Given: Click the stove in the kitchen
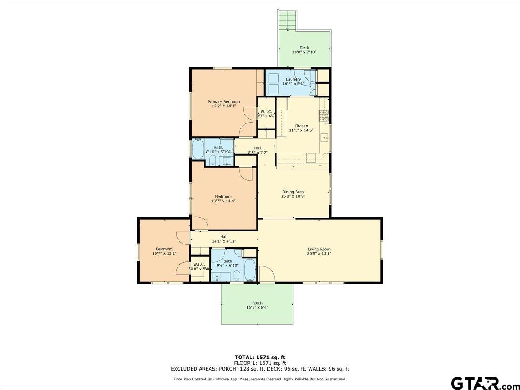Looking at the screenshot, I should point(324,115).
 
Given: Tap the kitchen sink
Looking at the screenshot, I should point(325,138).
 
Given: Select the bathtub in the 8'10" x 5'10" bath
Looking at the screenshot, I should point(198,149).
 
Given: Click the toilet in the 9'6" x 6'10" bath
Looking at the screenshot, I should point(237,275).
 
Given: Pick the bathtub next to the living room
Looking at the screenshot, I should point(250,270).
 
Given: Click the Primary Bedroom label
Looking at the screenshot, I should point(226,102).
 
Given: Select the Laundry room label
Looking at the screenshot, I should point(293,79).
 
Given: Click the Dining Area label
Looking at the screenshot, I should point(293,192).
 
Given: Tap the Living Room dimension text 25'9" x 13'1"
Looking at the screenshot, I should point(319,254).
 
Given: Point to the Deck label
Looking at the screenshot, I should point(304,48).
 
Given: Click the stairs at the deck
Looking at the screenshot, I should point(286,19).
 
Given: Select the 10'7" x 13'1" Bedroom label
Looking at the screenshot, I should point(164,249).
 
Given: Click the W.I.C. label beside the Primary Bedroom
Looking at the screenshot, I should point(266,112).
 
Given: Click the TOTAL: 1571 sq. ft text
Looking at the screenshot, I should point(260,357).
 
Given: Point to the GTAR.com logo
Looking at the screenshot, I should point(481,383).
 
